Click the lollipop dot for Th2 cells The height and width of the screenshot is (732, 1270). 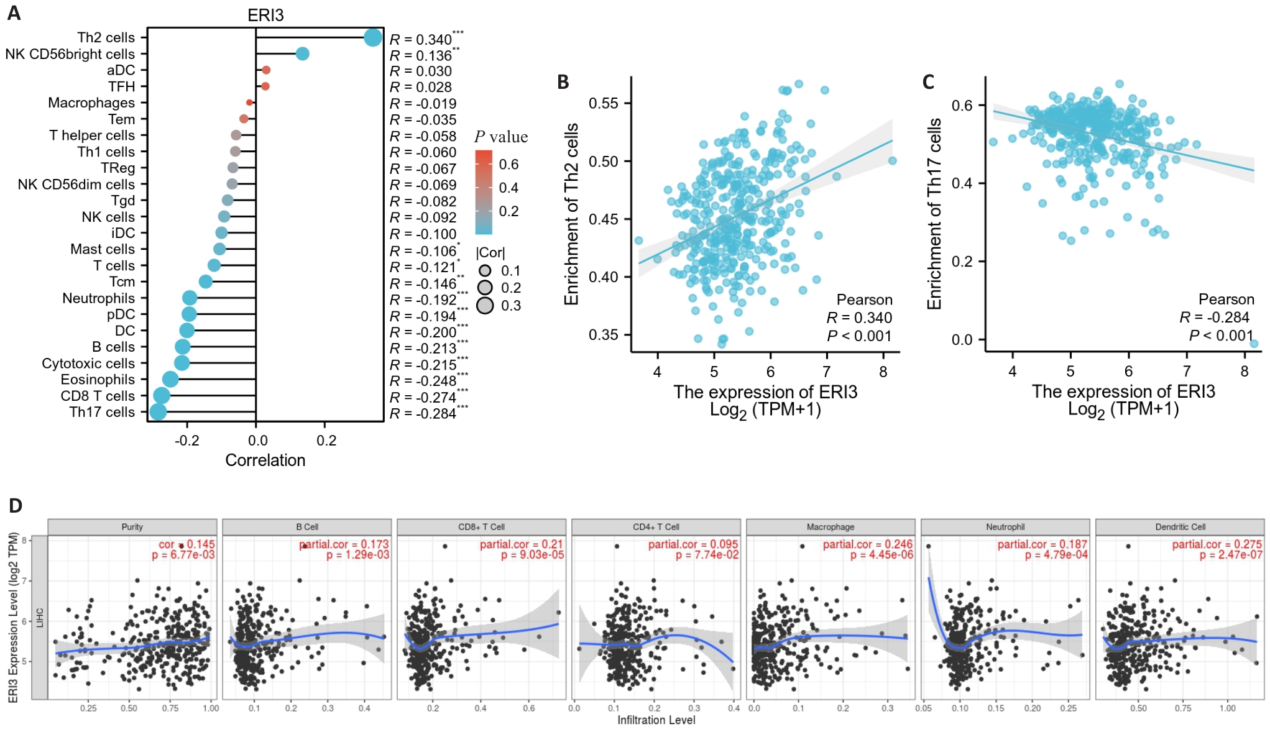pos(372,37)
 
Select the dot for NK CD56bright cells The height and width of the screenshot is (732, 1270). pos(302,54)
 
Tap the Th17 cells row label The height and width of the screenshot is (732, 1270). pos(102,412)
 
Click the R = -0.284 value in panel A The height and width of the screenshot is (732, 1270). pos(423,414)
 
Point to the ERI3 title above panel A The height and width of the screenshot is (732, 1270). pos(265,15)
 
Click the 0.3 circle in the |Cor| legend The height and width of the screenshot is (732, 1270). pos(485,306)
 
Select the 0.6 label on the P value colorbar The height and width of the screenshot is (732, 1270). pos(508,164)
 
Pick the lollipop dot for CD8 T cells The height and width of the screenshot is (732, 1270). pos(162,396)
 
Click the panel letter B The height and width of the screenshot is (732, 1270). pos(563,82)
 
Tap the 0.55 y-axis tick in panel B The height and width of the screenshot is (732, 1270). pos(603,103)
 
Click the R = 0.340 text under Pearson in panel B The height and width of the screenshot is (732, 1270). pos(858,318)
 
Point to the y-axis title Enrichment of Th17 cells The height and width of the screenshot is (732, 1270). pos(934,214)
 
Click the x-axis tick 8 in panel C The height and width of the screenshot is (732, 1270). pos(1244,372)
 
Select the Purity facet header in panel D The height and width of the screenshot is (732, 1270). pos(132,527)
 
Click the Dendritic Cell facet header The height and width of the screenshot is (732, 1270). pos(1180,527)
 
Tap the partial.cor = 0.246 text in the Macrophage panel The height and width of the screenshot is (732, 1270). pos(867,544)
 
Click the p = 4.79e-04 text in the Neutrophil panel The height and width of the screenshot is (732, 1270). pos(1056,555)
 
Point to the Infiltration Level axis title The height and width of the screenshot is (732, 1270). pos(656,720)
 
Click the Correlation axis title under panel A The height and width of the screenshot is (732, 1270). pos(265,460)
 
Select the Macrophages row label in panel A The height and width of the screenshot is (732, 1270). pos(91,103)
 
